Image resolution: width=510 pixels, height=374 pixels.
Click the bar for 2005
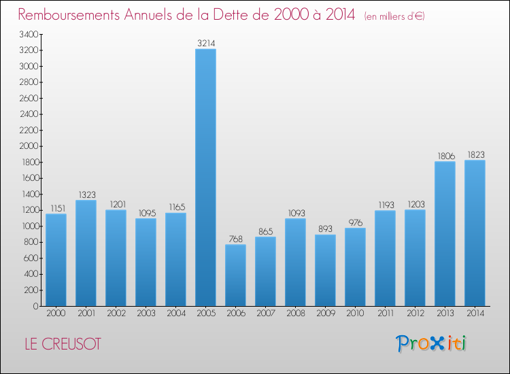pyautogui.click(x=205, y=177)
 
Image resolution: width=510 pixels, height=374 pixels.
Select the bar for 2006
pyautogui.click(x=235, y=275)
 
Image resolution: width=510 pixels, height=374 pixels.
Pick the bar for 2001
pyautogui.click(x=86, y=253)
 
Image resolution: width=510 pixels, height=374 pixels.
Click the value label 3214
pyautogui.click(x=206, y=43)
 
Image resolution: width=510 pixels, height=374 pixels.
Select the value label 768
pyautogui.click(x=235, y=239)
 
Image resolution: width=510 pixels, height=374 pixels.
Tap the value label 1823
pyautogui.click(x=475, y=154)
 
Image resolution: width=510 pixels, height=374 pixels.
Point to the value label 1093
pyautogui.click(x=295, y=213)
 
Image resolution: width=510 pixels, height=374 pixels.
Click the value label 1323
pyautogui.click(x=86, y=194)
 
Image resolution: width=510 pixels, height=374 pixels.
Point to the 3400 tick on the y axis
pyautogui.click(x=28, y=34)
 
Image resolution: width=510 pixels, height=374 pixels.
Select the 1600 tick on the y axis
pyautogui.click(x=28, y=178)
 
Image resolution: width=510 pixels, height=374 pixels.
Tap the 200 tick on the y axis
pyautogui.click(x=30, y=290)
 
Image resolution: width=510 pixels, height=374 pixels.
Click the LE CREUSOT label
pyautogui.click(x=60, y=344)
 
